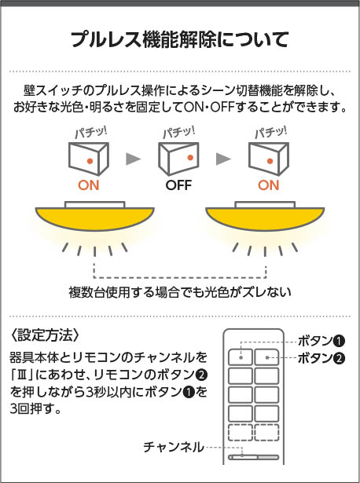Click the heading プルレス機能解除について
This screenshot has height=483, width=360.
tap(180, 39)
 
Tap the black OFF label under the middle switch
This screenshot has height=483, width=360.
tap(178, 185)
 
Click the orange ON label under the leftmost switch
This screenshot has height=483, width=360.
tap(89, 185)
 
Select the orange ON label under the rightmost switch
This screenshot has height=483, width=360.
tap(269, 185)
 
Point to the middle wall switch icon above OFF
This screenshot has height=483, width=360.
tap(178, 159)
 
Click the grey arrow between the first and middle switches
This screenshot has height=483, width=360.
tap(133, 159)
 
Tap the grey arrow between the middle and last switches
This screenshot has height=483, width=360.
tap(223, 159)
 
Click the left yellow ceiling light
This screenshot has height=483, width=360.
tap(94, 216)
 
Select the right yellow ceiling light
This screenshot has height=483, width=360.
tap(265, 216)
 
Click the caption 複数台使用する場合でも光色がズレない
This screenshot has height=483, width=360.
tap(180, 292)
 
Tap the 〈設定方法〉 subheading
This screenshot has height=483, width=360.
tap(45, 335)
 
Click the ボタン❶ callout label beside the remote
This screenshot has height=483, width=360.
tap(321, 341)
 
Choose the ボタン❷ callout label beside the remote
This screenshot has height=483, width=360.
tap(321, 358)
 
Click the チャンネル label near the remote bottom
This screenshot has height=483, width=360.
tap(174, 447)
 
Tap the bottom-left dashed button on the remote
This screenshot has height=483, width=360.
tap(240, 432)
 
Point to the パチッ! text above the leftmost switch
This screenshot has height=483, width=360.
tap(91, 133)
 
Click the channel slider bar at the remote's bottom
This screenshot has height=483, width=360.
tap(253, 457)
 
